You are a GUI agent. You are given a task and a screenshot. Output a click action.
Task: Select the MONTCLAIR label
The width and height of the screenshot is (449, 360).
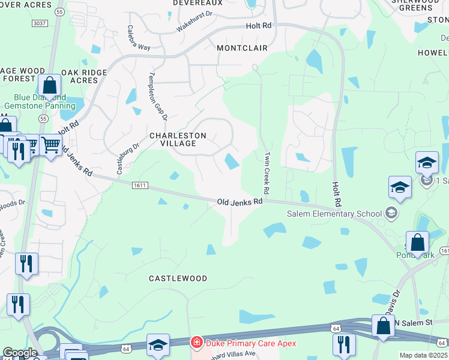pos(242,47)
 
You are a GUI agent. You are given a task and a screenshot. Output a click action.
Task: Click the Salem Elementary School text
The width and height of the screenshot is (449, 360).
pos(334,214)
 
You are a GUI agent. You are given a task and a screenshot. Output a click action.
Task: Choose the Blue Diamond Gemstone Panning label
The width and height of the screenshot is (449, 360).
pos(41,101)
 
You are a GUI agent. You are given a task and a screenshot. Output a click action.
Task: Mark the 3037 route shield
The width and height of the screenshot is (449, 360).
pos(40,23)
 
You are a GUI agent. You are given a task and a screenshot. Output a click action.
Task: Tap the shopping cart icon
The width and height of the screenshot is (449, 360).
pos(50,144)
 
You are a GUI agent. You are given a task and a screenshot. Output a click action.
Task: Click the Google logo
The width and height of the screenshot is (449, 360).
pos(19,353)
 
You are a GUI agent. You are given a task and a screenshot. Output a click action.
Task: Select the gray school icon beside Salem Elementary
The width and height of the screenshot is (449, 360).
pos(391,212)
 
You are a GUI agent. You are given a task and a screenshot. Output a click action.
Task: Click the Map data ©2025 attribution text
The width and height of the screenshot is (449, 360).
pos(423,355)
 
